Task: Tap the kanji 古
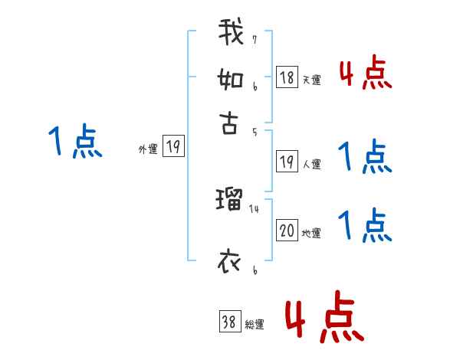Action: click(230, 123)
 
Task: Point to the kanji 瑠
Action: click(230, 201)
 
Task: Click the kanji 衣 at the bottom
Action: click(230, 263)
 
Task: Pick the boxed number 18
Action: click(287, 77)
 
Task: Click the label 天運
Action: click(311, 80)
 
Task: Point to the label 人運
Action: click(311, 164)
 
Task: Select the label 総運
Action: click(255, 325)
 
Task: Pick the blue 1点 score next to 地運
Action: click(365, 224)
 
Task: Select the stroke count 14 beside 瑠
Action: click(255, 208)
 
